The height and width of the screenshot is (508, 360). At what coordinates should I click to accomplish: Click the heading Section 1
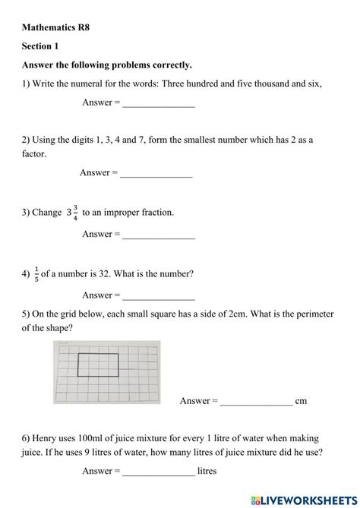click(42, 46)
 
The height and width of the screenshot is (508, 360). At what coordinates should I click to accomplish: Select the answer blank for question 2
click(156, 174)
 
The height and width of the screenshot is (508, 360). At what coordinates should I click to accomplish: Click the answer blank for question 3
click(158, 235)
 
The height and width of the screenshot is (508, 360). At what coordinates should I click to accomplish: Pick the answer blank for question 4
click(158, 296)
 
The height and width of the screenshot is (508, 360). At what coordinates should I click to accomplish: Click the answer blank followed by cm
click(256, 402)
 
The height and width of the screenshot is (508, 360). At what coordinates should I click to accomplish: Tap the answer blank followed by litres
click(158, 472)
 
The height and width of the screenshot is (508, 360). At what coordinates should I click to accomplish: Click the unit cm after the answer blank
click(301, 402)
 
